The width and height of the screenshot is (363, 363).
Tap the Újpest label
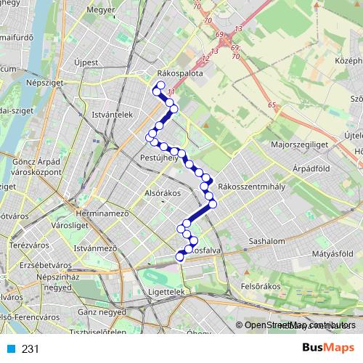86,62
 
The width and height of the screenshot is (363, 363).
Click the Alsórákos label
163,195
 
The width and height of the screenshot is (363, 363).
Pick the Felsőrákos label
261,287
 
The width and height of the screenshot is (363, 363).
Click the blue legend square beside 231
10,349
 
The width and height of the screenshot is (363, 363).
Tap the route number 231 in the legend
30,349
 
